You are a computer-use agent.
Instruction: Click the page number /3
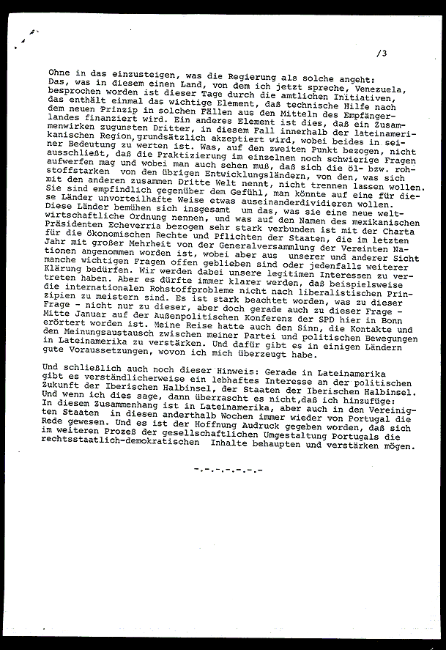point(382,53)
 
